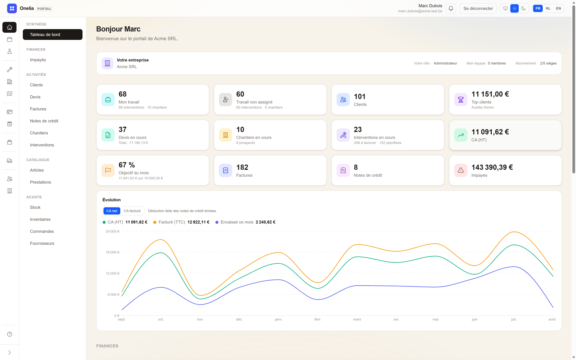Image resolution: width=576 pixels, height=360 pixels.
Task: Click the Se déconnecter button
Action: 478,8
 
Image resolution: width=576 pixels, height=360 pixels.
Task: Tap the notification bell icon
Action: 451,8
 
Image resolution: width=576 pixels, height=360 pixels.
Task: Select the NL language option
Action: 548,8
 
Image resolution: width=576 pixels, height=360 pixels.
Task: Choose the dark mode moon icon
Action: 523,8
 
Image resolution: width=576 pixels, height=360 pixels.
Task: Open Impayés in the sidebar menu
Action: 38,60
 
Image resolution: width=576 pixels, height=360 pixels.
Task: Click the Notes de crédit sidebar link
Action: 44,121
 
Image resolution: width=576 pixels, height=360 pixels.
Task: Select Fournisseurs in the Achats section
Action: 42,243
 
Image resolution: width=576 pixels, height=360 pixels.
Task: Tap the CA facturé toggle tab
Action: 132,211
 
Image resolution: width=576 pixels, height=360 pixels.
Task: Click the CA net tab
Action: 112,211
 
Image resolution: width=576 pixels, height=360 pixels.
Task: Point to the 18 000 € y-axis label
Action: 112,252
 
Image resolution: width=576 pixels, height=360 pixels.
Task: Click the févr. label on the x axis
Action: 318,319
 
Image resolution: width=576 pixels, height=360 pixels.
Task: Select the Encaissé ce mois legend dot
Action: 217,222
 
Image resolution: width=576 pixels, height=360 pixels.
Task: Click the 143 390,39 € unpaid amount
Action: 492,167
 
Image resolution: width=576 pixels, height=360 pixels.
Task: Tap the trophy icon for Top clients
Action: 461,100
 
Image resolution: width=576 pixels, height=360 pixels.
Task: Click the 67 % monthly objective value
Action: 127,165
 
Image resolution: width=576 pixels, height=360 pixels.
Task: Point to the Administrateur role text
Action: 445,63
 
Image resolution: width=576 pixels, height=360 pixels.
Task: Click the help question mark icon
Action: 10,334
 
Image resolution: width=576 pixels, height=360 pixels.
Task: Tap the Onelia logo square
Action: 12,8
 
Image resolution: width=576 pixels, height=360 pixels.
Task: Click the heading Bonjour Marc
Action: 118,29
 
